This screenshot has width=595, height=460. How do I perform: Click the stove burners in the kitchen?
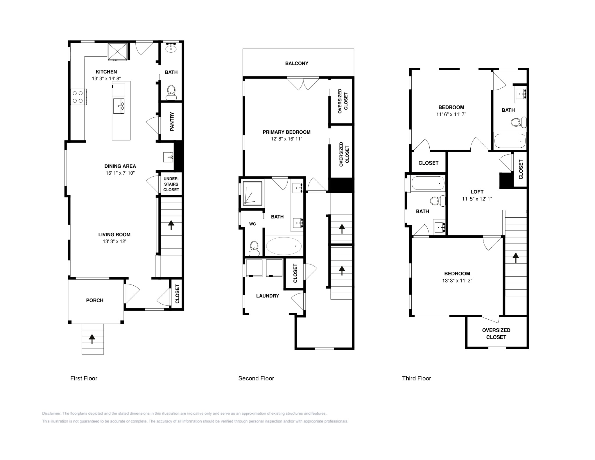coord(78,97)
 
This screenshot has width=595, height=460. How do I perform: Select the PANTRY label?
coord(172,121)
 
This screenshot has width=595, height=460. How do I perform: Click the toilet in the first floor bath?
coord(171,92)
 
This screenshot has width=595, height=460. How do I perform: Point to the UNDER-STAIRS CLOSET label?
coord(171,184)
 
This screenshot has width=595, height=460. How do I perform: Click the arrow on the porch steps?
coord(92,339)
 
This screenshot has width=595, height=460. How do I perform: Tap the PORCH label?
coord(95,300)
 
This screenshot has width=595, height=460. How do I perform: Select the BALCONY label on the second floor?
coord(297,63)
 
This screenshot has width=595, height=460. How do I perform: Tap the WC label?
coord(252,224)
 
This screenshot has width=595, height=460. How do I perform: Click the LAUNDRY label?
coord(268,296)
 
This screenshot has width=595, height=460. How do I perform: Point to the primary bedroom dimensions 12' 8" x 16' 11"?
coord(287,139)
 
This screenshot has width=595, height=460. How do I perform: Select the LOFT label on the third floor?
coord(477,192)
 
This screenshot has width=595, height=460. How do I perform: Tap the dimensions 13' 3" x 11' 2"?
coord(457,281)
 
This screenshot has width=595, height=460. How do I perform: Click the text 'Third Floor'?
coord(417,378)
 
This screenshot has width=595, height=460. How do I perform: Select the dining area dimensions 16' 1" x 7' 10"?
coord(120,173)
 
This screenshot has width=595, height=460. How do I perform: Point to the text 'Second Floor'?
coord(256,378)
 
